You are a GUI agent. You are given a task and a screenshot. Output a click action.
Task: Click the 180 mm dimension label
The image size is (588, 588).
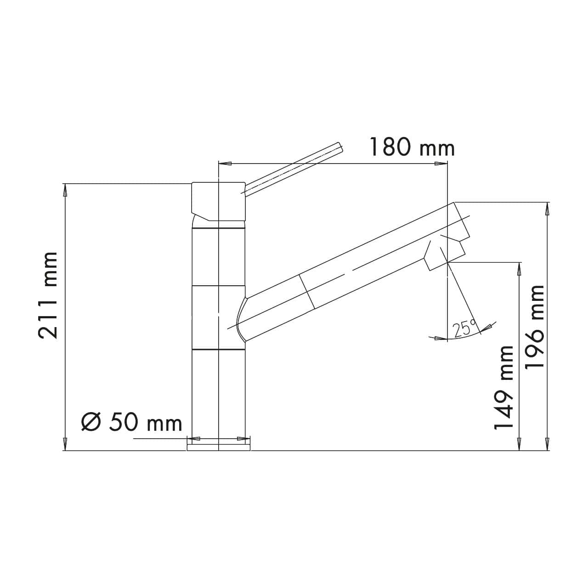click(412, 147)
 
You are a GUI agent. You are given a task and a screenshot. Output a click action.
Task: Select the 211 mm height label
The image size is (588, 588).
click(48, 295)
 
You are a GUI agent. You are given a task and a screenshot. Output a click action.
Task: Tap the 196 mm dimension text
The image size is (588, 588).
click(535, 326)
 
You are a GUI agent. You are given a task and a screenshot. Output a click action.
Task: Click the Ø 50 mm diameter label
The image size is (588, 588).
click(132, 422)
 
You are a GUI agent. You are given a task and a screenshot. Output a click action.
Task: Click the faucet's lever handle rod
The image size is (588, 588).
click(294, 170)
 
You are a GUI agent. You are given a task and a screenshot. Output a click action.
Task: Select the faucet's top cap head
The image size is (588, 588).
click(219, 200)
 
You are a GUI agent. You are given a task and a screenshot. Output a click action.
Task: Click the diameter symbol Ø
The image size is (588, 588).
click(91, 422)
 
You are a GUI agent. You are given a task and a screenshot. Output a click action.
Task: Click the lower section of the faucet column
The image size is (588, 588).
click(219, 395)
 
